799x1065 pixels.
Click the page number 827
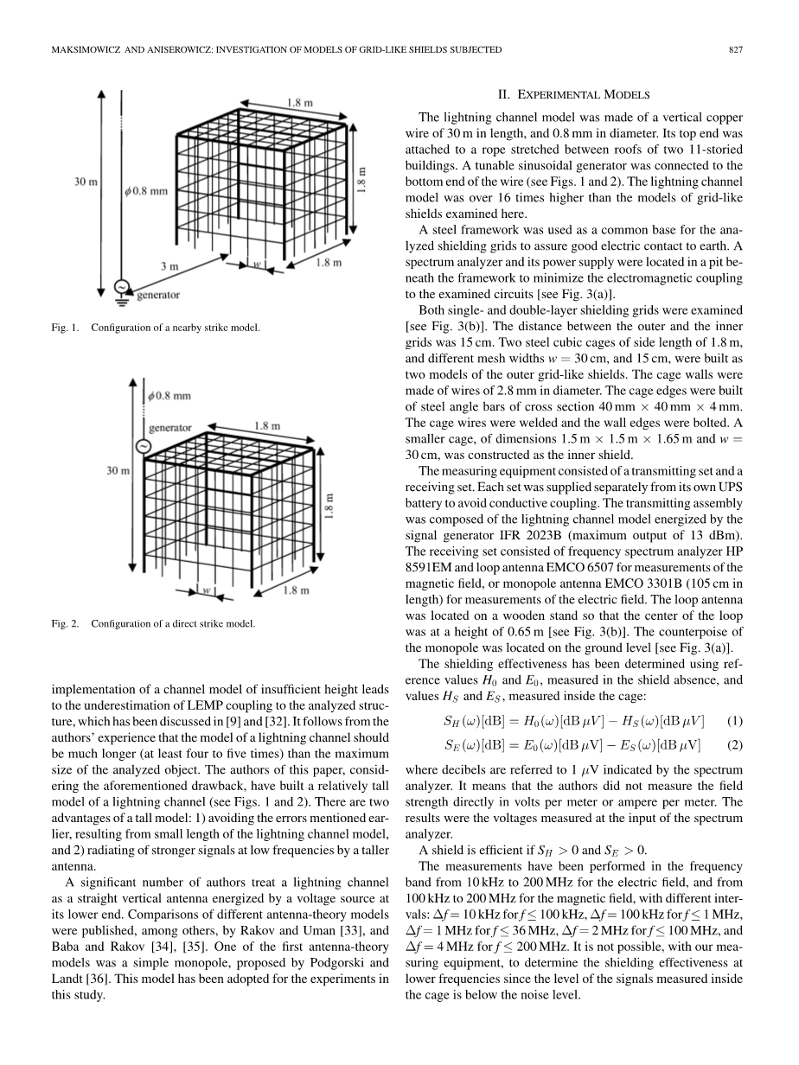point(736,50)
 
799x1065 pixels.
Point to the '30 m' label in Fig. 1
point(85,182)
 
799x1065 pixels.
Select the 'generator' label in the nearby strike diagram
point(159,295)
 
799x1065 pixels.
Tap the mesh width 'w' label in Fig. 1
point(257,262)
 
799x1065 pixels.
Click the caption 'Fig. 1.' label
point(62,328)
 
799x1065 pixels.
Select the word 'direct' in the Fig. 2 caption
point(186,623)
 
